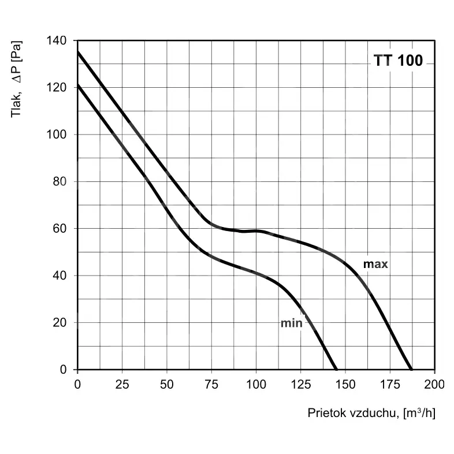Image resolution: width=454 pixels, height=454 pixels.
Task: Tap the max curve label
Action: [375, 265]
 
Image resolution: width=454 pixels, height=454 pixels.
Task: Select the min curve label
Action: [291, 323]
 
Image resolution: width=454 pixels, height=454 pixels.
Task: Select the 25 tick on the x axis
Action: [122, 383]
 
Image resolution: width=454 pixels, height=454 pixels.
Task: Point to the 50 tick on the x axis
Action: [167, 383]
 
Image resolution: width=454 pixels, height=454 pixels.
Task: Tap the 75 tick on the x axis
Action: [211, 383]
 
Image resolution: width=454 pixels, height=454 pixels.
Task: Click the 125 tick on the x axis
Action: [300, 383]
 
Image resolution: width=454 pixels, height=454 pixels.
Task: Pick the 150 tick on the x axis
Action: [345, 383]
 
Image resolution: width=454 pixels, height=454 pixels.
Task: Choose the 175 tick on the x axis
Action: [390, 383]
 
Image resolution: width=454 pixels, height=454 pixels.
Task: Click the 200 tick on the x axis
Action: [434, 383]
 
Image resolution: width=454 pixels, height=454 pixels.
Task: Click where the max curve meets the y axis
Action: [78, 52]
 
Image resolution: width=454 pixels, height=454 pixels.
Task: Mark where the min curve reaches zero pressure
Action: [336, 369]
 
